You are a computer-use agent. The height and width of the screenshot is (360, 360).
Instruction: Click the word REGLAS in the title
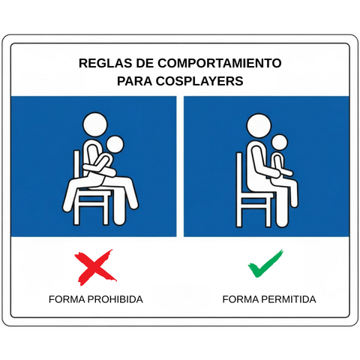coord(106,63)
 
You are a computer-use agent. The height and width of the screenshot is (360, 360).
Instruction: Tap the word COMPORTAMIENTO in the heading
coord(219,63)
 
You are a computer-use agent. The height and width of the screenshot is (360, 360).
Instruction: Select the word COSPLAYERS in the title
coord(199,81)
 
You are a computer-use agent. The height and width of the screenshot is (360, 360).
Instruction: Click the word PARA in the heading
coord(134,81)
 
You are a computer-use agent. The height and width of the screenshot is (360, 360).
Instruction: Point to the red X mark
coord(95,267)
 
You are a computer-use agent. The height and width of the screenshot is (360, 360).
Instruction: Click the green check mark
coord(265,263)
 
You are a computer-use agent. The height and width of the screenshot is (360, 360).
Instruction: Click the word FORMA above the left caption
coord(67,299)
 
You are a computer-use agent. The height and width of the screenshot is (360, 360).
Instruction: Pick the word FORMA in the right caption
coord(240,299)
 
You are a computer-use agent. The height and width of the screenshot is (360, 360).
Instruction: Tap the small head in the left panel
coord(115,145)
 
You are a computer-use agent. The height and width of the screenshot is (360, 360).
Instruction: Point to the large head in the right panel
coord(259,126)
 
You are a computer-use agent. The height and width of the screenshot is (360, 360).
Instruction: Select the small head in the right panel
coord(280,142)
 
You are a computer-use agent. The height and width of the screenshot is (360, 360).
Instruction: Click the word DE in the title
coord(145,63)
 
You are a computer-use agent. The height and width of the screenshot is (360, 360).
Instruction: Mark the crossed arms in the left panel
coord(100,166)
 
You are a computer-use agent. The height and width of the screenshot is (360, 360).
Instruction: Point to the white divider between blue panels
coord(180,166)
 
